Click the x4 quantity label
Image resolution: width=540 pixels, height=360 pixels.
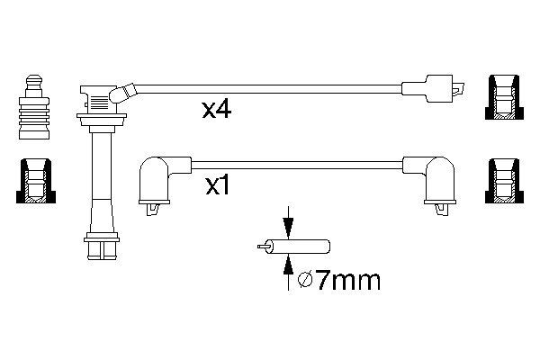click(x=217, y=110)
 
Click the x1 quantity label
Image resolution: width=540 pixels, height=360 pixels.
click(x=218, y=186)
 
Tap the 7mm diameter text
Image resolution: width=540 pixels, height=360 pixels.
click(x=348, y=281)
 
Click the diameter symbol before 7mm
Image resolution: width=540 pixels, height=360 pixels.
click(x=305, y=281)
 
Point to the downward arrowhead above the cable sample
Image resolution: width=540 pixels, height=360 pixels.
click(x=288, y=228)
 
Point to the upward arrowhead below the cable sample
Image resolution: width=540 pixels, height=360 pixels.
click(x=288, y=265)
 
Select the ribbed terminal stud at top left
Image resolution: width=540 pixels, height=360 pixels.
click(x=34, y=107)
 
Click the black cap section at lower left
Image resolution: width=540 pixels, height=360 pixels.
click(x=36, y=181)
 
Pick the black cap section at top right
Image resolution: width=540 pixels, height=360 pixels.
click(x=504, y=97)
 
